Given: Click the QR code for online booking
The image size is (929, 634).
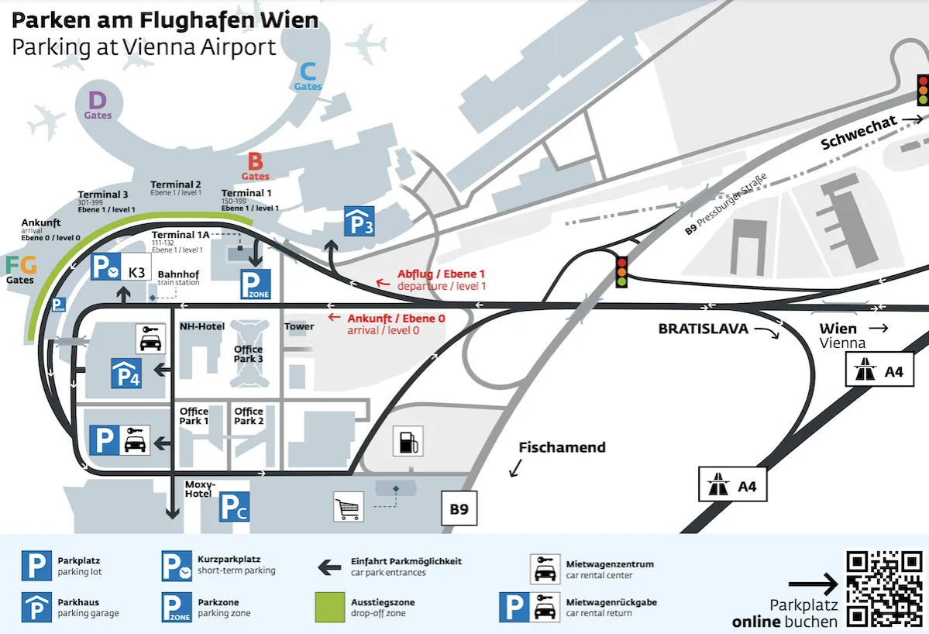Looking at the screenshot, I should coord(884,589).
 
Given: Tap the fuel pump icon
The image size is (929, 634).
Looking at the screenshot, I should coord(408,441).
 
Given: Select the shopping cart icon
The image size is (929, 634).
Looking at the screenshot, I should coord(349,507).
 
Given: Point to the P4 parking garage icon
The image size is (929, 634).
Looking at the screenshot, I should coord(125,373).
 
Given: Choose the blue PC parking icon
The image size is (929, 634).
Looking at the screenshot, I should coord(234,507).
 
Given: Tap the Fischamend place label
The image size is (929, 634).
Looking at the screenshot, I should coord(562,447).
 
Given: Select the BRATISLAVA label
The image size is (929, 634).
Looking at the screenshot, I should coord(704,329).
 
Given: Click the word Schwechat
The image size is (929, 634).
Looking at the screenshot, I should coord(858,133).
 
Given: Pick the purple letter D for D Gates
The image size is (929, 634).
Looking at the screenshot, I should coord(97,101).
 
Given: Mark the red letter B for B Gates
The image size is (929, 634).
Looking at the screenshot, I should coord(255,162).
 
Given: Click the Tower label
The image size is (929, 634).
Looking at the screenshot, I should coord(299,326).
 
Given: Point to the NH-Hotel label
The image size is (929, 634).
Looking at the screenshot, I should coord(202,326).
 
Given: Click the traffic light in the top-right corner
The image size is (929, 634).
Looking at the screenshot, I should coord(923,90).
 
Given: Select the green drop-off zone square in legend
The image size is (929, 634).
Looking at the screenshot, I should coord(330,607).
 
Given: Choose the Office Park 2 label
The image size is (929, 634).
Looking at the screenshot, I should coord(249,416).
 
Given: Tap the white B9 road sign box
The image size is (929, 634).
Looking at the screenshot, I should coord(459,509).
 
